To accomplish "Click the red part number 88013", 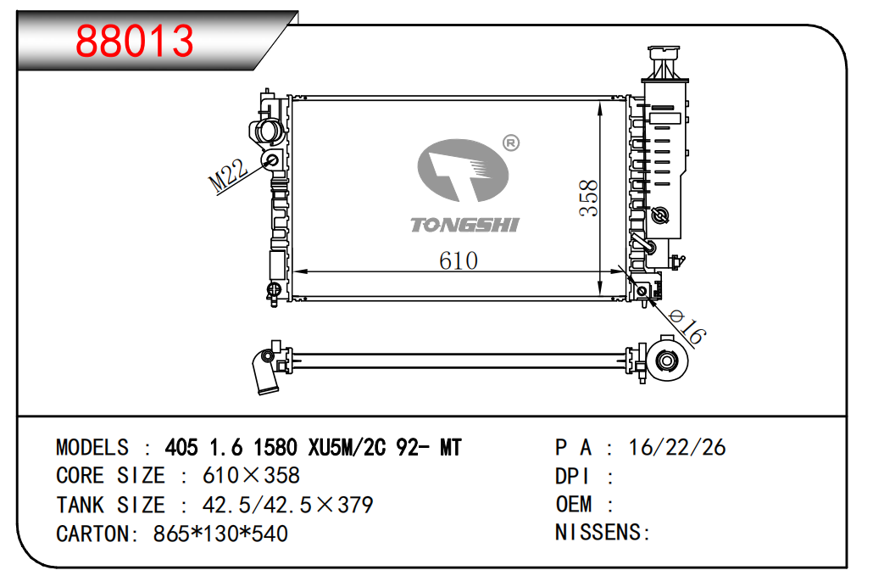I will tap(136, 41).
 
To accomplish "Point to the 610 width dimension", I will tap(459, 260).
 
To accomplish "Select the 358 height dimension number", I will tap(589, 197).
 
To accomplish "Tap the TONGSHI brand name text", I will tap(464, 225).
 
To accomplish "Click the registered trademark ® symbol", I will tap(510, 143).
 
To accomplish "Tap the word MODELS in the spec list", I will tap(92, 448).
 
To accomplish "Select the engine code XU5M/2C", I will tap(341, 448).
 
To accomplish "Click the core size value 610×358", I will tap(251, 476).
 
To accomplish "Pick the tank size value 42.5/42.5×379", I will tap(287, 506).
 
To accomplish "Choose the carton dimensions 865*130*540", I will tap(220, 534).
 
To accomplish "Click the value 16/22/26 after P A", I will tap(677, 448).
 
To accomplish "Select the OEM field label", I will tap(574, 505).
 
